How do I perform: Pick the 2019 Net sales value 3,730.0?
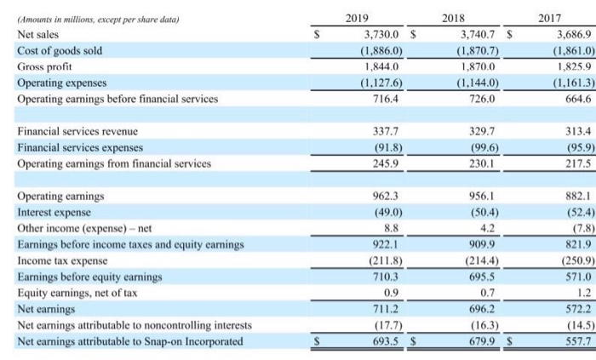(x=370, y=35)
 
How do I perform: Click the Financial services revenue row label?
(x=77, y=132)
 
